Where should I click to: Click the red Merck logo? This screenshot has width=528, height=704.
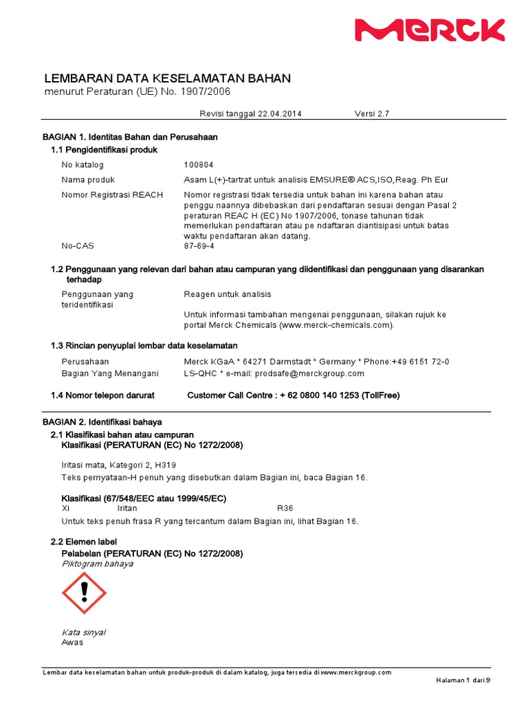430,31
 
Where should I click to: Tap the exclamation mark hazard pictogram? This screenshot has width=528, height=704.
84,593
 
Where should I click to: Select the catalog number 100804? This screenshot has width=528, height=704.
199,165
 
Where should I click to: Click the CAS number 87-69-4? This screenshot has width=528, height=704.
199,245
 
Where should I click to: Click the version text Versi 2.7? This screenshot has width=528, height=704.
372,113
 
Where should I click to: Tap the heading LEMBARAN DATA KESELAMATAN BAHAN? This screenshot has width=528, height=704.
167,78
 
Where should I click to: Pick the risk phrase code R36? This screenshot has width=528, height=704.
285,508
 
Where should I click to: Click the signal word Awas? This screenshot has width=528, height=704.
72,642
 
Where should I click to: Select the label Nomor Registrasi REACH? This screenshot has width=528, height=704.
112,195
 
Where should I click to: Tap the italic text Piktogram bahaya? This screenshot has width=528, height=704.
98,564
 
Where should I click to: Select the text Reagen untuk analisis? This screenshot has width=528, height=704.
228,294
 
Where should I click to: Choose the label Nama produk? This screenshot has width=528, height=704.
87,179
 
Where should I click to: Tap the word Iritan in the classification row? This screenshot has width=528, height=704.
128,508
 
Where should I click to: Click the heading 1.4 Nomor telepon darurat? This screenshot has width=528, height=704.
102,395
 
